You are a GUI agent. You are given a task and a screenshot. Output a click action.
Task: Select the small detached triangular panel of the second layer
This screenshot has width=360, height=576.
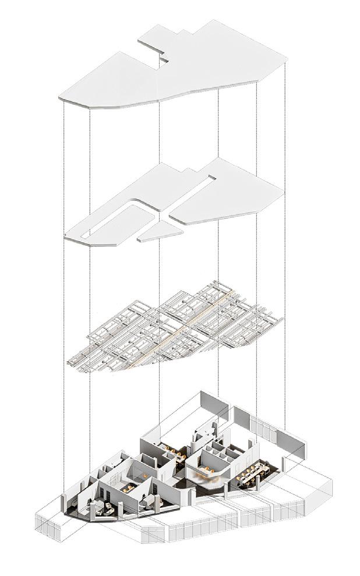[161, 232]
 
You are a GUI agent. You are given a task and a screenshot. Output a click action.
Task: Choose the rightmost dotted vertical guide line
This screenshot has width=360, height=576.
[285, 233]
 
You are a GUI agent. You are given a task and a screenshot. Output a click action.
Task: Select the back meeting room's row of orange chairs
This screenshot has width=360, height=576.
[172, 449]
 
